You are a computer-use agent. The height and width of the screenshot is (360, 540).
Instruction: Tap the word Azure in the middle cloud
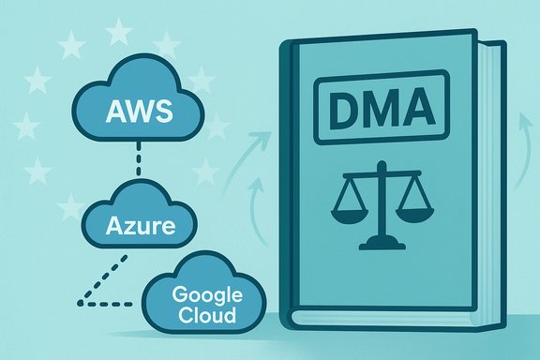(140, 226)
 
